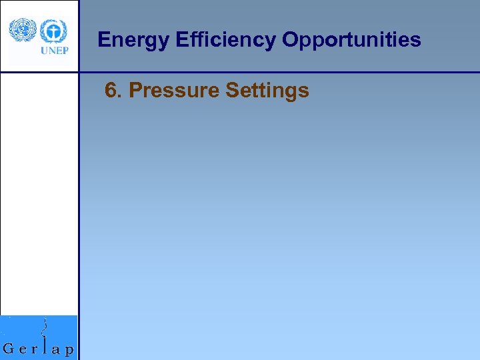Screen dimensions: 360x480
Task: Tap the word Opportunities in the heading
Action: (351, 40)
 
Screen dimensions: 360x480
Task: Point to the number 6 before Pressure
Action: (111, 90)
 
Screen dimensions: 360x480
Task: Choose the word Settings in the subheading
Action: (267, 90)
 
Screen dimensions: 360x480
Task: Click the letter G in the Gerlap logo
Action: (9, 348)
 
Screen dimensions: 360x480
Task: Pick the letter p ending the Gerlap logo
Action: (69, 349)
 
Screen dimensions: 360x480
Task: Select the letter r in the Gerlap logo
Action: (34, 349)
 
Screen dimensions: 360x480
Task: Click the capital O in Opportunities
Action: (291, 40)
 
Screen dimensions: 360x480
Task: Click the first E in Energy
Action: (103, 40)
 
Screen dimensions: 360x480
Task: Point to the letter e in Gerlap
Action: (22, 349)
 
